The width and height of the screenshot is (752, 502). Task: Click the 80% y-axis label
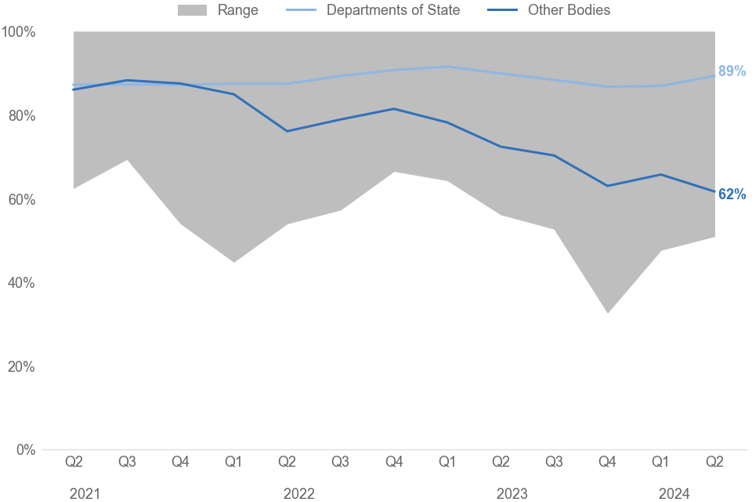tap(21, 116)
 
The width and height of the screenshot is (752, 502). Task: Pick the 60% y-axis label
tap(21, 200)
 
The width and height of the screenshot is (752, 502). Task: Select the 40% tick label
tap(21, 283)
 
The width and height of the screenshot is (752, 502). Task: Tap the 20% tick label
tap(21, 367)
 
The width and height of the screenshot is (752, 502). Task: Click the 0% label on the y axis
tap(25, 450)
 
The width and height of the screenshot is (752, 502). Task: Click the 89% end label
tap(732, 71)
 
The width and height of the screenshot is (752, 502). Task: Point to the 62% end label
tap(732, 195)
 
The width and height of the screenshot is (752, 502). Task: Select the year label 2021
tap(85, 493)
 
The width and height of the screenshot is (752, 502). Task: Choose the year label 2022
tap(298, 493)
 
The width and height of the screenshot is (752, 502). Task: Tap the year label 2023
tap(512, 493)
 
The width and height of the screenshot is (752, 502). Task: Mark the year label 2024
tap(674, 493)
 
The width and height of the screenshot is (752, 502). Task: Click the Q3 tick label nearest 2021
tap(127, 462)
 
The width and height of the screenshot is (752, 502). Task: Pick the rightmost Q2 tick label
tap(714, 462)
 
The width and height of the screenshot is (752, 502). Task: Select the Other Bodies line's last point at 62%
tap(714, 191)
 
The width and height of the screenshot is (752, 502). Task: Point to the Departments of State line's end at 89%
tap(714, 75)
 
